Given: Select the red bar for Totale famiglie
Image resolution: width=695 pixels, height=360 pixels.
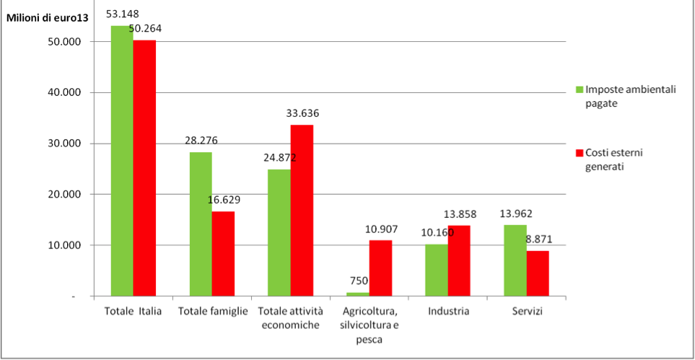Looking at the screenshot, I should [223, 253].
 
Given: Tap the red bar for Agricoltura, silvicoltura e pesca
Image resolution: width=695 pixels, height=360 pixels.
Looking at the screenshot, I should [380, 268].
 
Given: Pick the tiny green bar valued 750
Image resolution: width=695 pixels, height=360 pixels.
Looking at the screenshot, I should [357, 294].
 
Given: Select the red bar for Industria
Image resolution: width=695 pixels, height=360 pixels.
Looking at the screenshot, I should [458, 260].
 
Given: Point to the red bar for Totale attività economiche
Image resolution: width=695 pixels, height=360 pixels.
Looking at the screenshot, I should [302, 210].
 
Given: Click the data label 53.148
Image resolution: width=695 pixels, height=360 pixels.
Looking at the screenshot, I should [123, 14].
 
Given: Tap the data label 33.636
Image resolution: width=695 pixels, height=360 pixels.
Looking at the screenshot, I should [302, 113].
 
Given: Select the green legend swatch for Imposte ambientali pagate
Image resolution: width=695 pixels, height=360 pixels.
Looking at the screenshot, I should [579, 89].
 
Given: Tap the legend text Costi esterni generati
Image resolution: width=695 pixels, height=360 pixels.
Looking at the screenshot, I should [614, 159].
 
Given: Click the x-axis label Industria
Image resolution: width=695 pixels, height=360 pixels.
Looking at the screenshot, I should [448, 311].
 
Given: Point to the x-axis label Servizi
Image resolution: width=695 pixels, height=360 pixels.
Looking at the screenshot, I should [525, 311].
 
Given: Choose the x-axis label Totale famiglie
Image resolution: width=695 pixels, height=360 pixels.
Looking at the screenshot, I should [213, 311].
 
